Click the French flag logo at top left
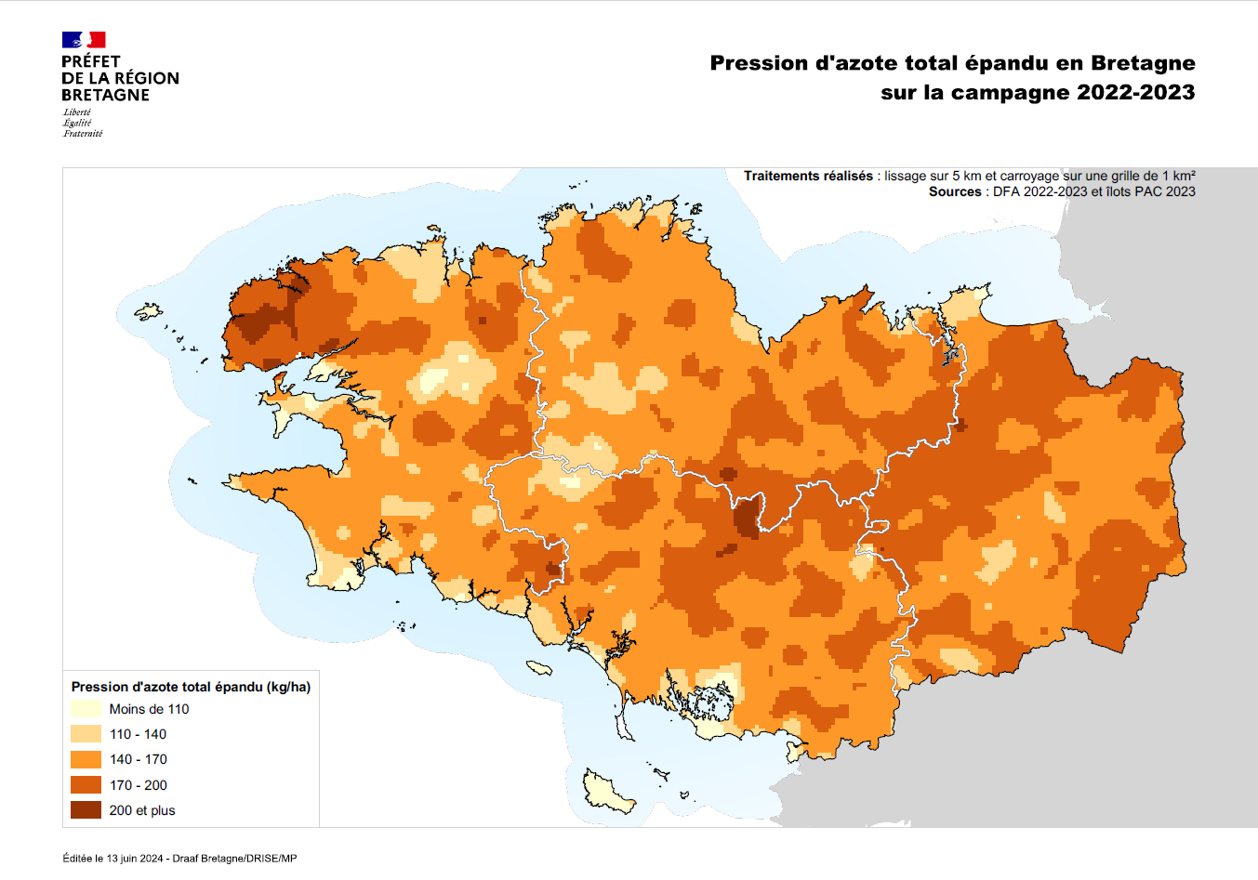pyautogui.click(x=84, y=39)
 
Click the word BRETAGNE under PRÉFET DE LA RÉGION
pyautogui.click(x=105, y=95)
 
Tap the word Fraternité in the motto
pyautogui.click(x=83, y=134)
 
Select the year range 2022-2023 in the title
pyautogui.click(x=1135, y=92)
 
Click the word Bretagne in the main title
pyautogui.click(x=1143, y=63)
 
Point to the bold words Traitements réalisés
pyautogui.click(x=808, y=176)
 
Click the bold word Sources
pyautogui.click(x=955, y=191)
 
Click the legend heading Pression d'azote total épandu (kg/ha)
pyautogui.click(x=191, y=687)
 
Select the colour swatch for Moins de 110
pyautogui.click(x=86, y=709)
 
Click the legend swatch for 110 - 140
pyautogui.click(x=86, y=734)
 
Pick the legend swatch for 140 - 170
pyautogui.click(x=86, y=759)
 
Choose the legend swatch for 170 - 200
pyautogui.click(x=86, y=785)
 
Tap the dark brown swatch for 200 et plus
pyautogui.click(x=86, y=810)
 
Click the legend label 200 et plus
pyautogui.click(x=142, y=810)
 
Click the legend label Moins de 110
pyautogui.click(x=149, y=709)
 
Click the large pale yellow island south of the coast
pyautogui.click(x=606, y=793)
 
